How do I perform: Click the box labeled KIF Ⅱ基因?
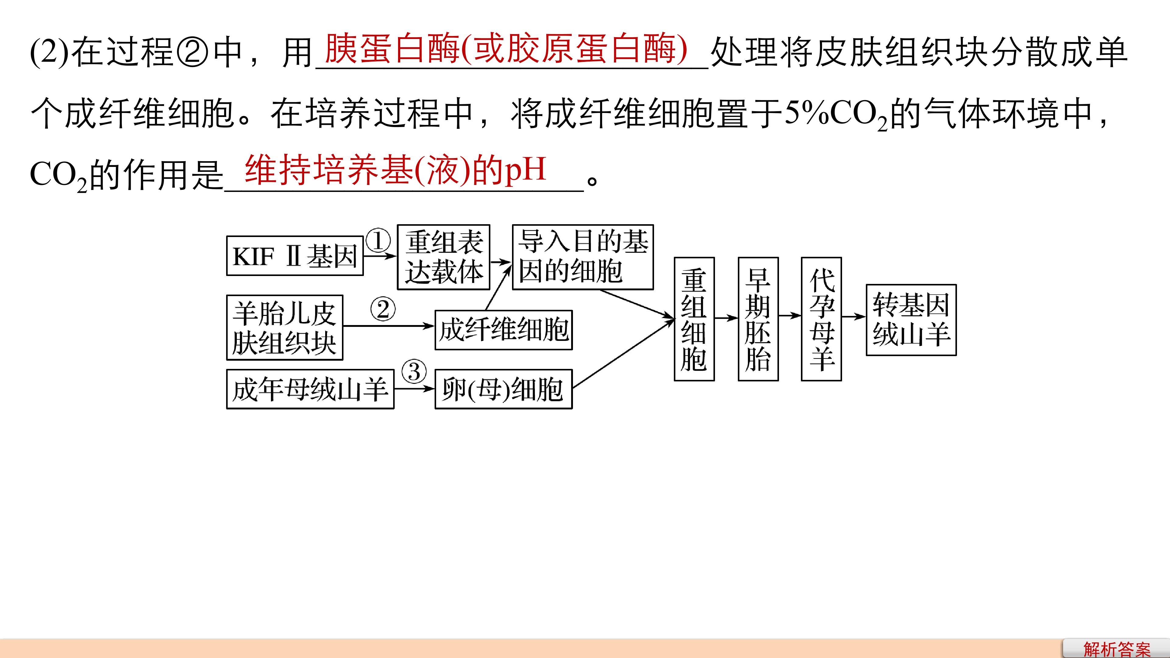point(295,256)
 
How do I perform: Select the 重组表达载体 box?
point(443,257)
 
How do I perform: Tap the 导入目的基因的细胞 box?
point(583,257)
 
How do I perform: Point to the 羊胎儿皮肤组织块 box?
point(285,327)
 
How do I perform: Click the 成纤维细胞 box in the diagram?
point(504,330)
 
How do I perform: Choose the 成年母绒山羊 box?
point(310,389)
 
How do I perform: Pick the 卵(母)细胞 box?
point(504,389)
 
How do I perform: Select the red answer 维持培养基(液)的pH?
point(395,170)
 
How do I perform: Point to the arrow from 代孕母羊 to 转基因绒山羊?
point(854,317)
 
